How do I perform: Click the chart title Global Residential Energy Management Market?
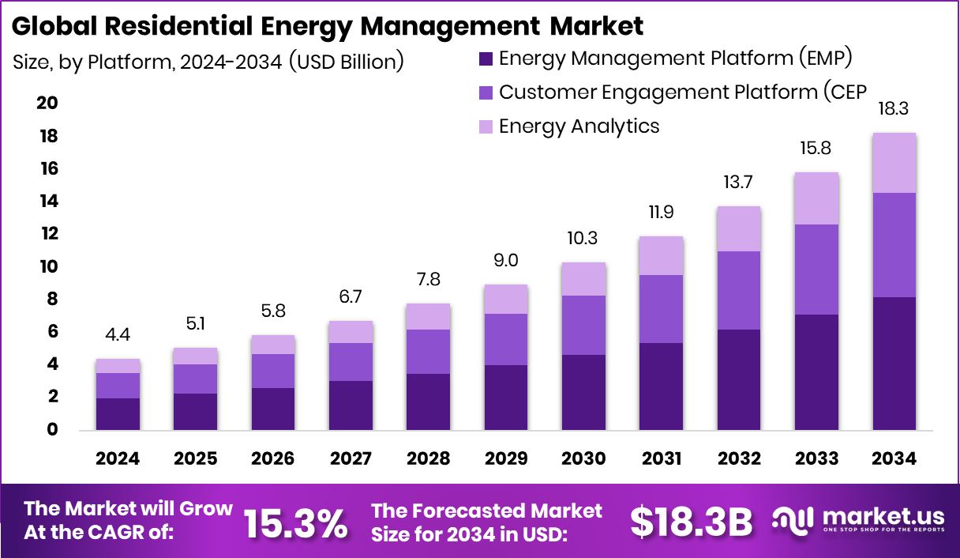(x=328, y=26)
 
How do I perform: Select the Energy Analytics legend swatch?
(x=486, y=126)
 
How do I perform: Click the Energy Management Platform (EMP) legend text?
(x=675, y=58)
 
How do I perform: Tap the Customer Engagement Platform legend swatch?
(x=486, y=92)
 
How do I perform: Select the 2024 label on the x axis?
(x=118, y=459)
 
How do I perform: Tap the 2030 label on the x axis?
(x=583, y=459)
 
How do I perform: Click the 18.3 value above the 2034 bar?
(x=894, y=108)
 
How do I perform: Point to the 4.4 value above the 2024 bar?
(x=118, y=334)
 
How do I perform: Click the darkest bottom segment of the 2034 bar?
(x=894, y=364)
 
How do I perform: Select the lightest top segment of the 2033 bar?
(x=816, y=198)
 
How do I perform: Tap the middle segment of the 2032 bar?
(x=739, y=290)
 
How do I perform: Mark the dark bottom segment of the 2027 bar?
(x=351, y=405)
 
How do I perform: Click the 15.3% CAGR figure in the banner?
(x=295, y=522)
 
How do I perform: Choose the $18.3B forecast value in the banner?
(x=691, y=522)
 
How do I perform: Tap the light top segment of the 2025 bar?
(x=195, y=356)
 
